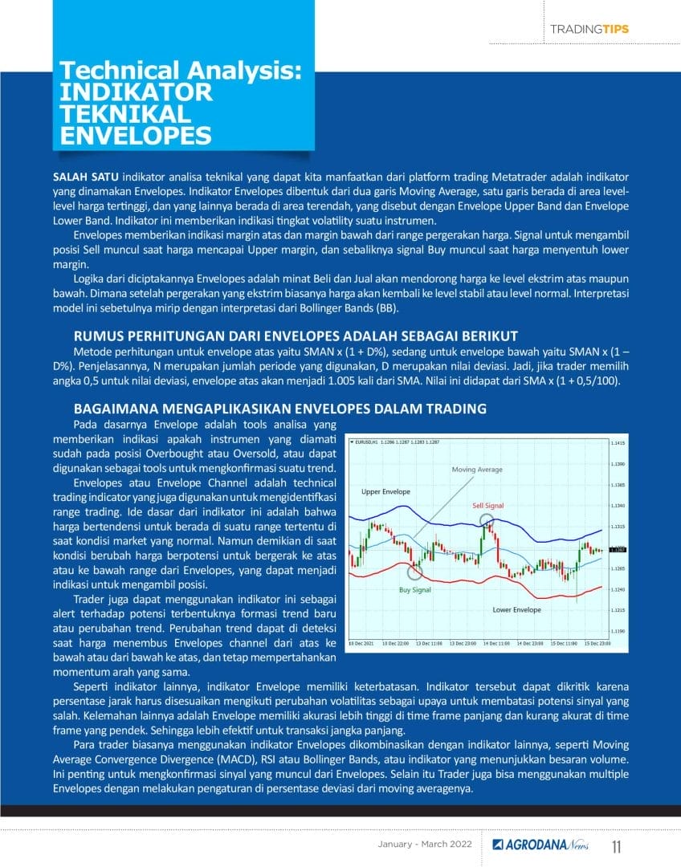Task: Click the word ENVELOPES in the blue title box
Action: pyautogui.click(x=137, y=134)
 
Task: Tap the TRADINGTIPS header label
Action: pyautogui.click(x=589, y=29)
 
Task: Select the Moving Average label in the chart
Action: pyautogui.click(x=477, y=470)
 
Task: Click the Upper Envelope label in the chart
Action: pyautogui.click(x=385, y=491)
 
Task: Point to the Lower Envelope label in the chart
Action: pyautogui.click(x=516, y=610)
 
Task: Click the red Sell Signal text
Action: pyautogui.click(x=488, y=506)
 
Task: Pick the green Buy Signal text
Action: pyautogui.click(x=415, y=590)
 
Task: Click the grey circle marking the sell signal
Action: pyautogui.click(x=487, y=522)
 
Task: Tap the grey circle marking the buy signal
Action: pyautogui.click(x=414, y=572)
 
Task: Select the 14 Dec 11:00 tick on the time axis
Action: pyautogui.click(x=497, y=644)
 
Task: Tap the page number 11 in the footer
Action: pyautogui.click(x=617, y=847)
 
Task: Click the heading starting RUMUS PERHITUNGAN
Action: pyautogui.click(x=296, y=336)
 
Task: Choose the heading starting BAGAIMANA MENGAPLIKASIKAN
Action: pyautogui.click(x=279, y=409)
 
